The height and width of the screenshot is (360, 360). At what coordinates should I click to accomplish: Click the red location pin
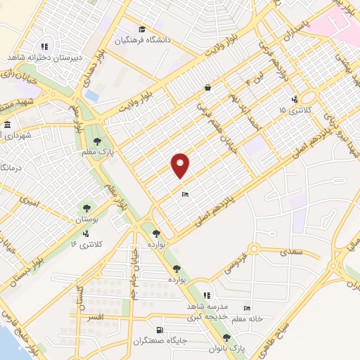pyautogui.click(x=181, y=165)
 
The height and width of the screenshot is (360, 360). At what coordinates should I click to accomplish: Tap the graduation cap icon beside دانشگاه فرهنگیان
pyautogui.click(x=142, y=29)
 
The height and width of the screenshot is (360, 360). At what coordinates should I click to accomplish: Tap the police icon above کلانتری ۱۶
pyautogui.click(x=86, y=233)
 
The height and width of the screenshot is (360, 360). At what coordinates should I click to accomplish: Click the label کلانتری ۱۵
pyautogui.click(x=292, y=110)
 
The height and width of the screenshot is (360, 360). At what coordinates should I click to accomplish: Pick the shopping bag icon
pyautogui.click(x=208, y=87)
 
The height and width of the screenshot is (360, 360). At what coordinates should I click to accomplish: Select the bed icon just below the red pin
pyautogui.click(x=184, y=194)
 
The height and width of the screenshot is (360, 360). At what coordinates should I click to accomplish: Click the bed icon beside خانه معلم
pyautogui.click(x=246, y=308)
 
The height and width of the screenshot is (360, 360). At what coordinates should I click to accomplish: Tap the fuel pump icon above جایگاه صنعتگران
pyautogui.click(x=160, y=330)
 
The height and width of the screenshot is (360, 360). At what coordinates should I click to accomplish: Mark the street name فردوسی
pyautogui.click(x=240, y=261)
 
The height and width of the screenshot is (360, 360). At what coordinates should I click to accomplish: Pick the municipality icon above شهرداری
pyautogui.click(x=6, y=126)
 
